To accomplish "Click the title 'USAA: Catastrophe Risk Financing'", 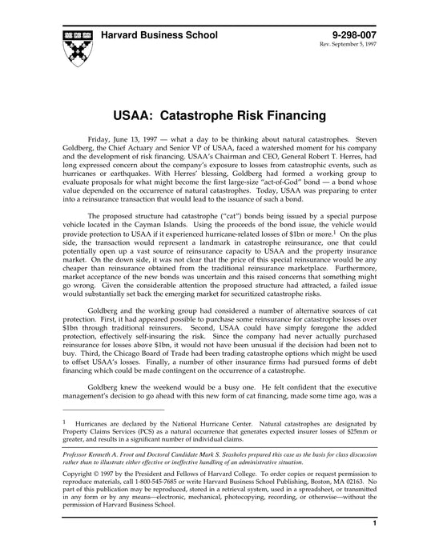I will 213,115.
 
